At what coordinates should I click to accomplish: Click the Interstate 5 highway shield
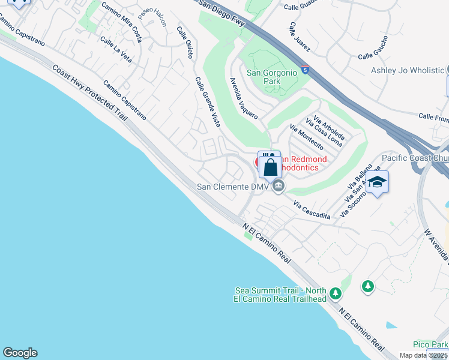(x=306, y=70)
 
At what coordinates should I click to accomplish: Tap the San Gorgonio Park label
(x=272, y=77)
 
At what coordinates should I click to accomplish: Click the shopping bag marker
(x=271, y=166)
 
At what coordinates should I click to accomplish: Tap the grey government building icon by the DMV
(x=277, y=187)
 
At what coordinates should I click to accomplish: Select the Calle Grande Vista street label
(x=207, y=102)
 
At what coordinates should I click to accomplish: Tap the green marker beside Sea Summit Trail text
(x=336, y=293)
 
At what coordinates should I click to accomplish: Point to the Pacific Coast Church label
(x=415, y=158)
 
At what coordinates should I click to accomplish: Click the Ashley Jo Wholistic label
(x=408, y=70)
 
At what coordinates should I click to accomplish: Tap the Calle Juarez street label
(x=299, y=37)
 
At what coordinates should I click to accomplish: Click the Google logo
(x=20, y=353)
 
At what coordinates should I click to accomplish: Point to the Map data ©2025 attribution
(x=424, y=355)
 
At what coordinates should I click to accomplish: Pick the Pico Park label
(x=430, y=344)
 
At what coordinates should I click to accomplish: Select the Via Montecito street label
(x=306, y=137)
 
